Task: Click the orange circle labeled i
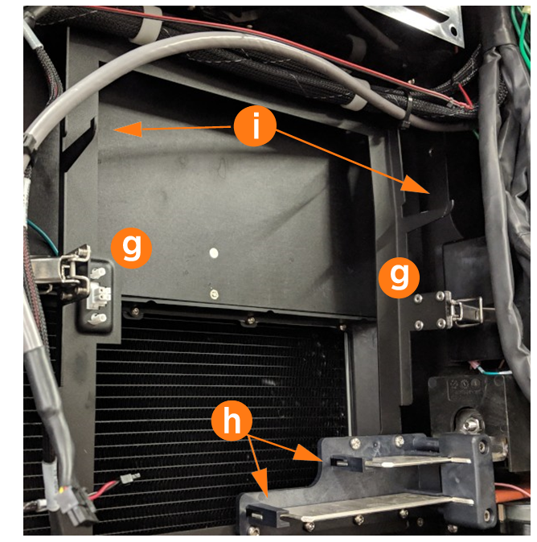tap(255, 125)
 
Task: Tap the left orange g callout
tap(131, 248)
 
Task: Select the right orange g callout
tap(399, 277)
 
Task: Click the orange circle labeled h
tap(232, 421)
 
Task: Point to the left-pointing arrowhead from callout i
tap(129, 129)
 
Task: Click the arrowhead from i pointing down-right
tap(416, 185)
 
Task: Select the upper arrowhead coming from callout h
tap(308, 453)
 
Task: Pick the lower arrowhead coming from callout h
tap(261, 483)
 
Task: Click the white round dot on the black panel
tap(214, 253)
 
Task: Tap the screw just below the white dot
tap(214, 294)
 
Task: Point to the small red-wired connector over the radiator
tap(129, 478)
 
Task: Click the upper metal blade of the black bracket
tap(418, 462)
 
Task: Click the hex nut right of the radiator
tap(467, 422)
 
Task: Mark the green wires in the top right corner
tap(523, 35)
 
